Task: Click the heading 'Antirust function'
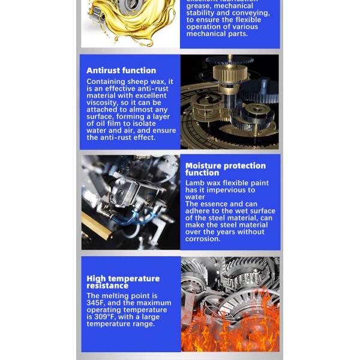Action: pos(121,70)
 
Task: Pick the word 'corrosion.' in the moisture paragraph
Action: pos(203,239)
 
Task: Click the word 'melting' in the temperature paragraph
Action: pos(119,296)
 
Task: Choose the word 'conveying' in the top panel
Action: pos(250,13)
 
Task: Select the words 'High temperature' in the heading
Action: pos(123,278)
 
